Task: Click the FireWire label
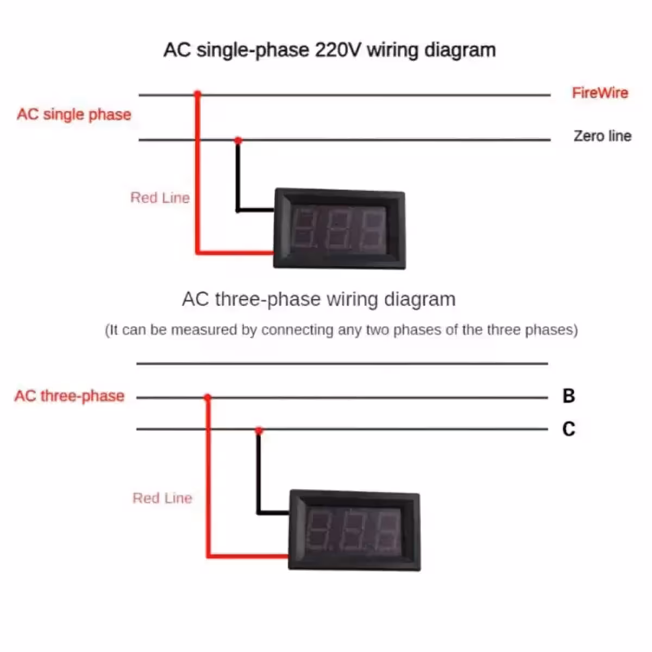pyautogui.click(x=600, y=93)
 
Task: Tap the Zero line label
pyautogui.click(x=602, y=136)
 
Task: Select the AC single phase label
pyautogui.click(x=74, y=115)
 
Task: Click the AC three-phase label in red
pyautogui.click(x=70, y=396)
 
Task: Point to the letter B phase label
pyautogui.click(x=569, y=396)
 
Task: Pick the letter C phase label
pyautogui.click(x=569, y=429)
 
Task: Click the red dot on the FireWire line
pyautogui.click(x=198, y=93)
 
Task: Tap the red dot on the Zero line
pyautogui.click(x=238, y=140)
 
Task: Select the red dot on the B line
pyautogui.click(x=208, y=397)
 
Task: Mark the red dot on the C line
pyautogui.click(x=259, y=430)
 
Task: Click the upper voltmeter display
pyautogui.click(x=340, y=229)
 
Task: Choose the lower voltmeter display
pyautogui.click(x=354, y=530)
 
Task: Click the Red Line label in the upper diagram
pyautogui.click(x=160, y=198)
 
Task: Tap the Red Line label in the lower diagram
pyautogui.click(x=162, y=498)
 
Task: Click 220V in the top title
pyautogui.click(x=337, y=50)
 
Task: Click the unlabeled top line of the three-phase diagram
pyautogui.click(x=342, y=363)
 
